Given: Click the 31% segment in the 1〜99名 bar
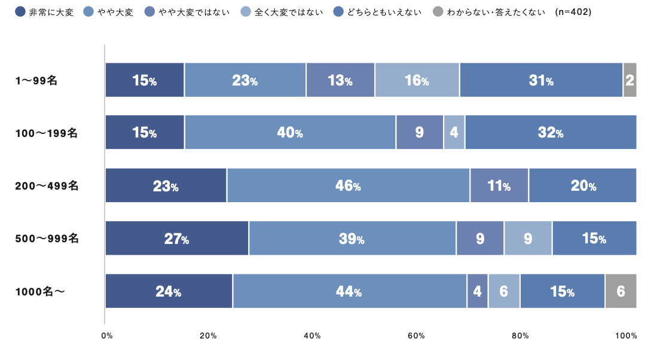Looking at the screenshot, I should coord(541,80).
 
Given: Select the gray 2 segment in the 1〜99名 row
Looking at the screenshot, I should coord(630,80).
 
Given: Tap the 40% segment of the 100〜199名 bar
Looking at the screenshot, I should coord(290,133).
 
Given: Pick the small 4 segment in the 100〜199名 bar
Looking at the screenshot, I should coord(454,133).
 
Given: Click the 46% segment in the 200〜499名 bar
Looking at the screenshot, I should coord(348,186).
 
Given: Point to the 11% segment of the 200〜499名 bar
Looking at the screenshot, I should coord(499,186).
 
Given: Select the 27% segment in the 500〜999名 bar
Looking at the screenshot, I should coord(177,239).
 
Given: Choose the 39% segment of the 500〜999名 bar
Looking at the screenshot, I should coord(352,239).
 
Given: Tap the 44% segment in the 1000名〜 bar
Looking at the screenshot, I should coord(349,291).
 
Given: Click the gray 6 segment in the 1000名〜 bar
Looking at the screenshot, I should coord(621,291).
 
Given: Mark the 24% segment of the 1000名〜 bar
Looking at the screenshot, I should coord(169,291).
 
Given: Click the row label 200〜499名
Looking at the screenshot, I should coord(47,186).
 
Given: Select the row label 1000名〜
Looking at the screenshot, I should coord(39,291).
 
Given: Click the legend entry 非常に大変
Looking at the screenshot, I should coord(44,11).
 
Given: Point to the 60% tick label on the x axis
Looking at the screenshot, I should coord(417,336).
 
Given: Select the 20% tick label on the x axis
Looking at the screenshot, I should coord(208,336).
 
